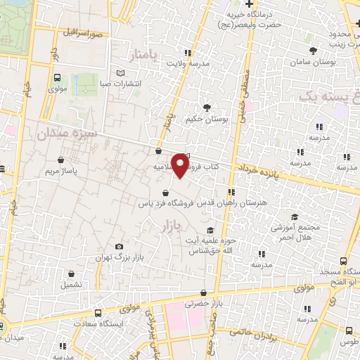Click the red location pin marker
[x=181, y=165]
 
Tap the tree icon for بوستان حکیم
[x=207, y=107]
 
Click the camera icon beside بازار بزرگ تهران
[x=119, y=247]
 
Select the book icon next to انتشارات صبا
[x=120, y=73]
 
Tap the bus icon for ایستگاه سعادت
[x=98, y=311]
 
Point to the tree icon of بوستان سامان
[x=314, y=51]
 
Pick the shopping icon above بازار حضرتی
[x=203, y=292]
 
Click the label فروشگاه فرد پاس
[x=164, y=202]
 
